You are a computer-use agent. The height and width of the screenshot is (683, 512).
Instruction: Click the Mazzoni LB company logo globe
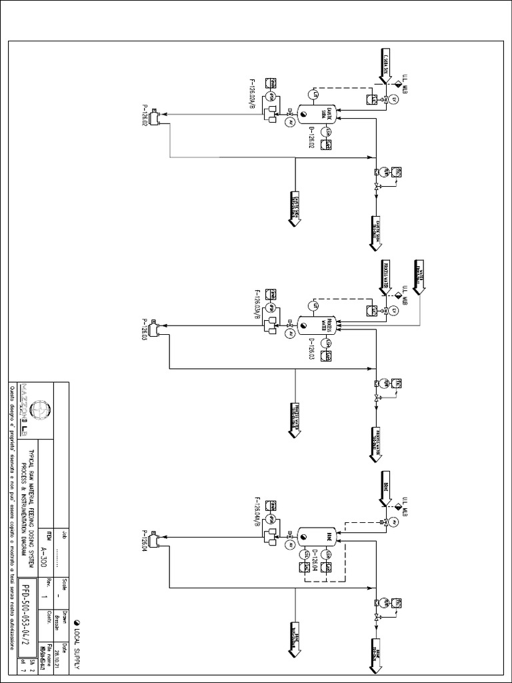click(x=41, y=408)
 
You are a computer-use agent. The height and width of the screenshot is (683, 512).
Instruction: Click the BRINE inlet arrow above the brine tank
click(x=385, y=490)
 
